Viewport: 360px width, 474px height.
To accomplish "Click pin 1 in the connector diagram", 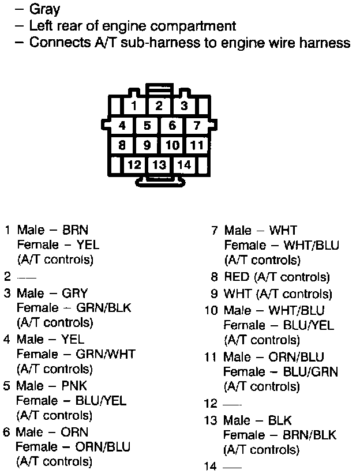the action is click(x=134, y=106).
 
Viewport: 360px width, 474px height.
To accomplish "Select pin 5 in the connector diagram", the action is click(x=147, y=126).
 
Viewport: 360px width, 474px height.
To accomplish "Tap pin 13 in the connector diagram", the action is click(x=159, y=165).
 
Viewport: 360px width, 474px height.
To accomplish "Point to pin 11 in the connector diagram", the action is click(x=197, y=145).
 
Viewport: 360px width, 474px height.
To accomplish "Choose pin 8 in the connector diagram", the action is click(x=122, y=145).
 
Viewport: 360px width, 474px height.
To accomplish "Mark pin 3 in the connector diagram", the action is click(x=184, y=106).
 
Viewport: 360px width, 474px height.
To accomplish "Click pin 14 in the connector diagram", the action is click(x=184, y=165).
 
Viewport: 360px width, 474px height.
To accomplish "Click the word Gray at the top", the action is click(x=44, y=10).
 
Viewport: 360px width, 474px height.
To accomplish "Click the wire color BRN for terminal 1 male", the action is click(x=76, y=230).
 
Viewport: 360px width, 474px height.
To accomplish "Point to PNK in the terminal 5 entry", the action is click(x=75, y=386).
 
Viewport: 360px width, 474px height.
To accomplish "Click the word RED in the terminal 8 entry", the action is click(x=236, y=277).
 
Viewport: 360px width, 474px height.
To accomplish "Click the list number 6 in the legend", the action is click(x=7, y=432).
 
